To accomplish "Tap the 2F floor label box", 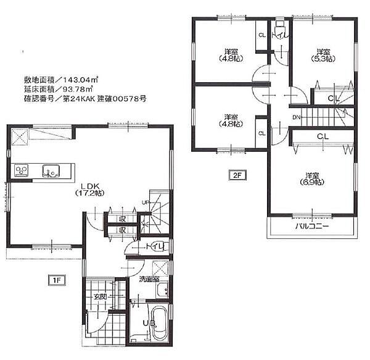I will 236,175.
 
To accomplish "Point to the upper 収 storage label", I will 123,218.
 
